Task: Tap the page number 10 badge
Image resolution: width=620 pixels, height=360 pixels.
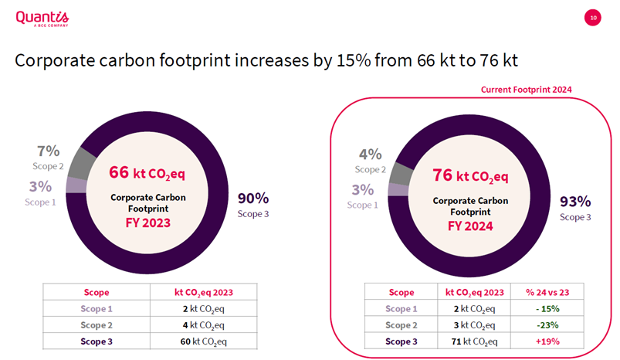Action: coord(593,17)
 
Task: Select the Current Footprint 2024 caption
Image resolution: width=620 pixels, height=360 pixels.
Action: coord(526,90)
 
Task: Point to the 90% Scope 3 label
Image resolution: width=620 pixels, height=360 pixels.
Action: coord(252,199)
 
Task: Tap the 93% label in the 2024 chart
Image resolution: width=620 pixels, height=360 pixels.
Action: coord(575,202)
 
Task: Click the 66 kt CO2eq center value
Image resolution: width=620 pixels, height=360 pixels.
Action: coord(147,171)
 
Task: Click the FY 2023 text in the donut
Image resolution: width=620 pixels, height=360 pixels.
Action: coord(147,223)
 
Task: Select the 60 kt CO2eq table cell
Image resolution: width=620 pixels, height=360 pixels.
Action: coord(202,341)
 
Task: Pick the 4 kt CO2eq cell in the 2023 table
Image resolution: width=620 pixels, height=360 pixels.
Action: coord(202,324)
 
